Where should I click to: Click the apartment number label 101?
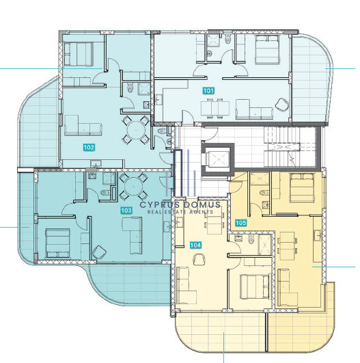click(208, 90)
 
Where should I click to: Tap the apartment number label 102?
click(89, 147)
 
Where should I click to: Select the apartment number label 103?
click(126, 210)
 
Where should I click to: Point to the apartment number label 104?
click(195, 245)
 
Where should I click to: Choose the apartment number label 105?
click(240, 223)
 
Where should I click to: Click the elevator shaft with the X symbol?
click(218, 159)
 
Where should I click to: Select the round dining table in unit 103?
click(133, 187)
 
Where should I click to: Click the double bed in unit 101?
click(267, 49)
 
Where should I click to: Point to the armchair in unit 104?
click(199, 259)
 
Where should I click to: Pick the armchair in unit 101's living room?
click(282, 104)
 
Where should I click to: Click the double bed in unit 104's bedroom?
click(255, 286)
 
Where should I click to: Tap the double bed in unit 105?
click(301, 187)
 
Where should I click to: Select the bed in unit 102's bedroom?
click(79, 54)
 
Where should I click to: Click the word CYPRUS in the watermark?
click(159, 204)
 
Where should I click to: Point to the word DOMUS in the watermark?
click(202, 204)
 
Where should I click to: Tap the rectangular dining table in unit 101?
click(215, 108)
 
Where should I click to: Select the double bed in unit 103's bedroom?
click(57, 243)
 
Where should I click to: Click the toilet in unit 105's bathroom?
click(263, 192)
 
